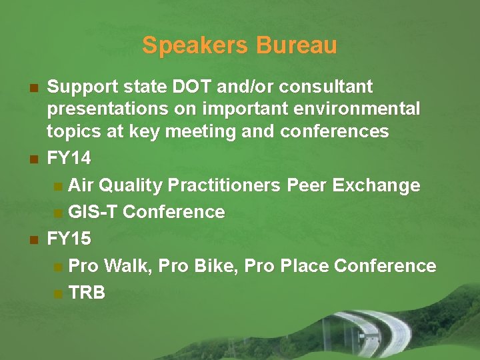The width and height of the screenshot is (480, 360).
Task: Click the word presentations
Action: (x=107, y=109)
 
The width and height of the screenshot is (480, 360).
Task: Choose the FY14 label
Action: (x=69, y=159)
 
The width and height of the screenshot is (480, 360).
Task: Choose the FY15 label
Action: (x=69, y=239)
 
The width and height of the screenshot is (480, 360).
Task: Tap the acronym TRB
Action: (x=87, y=293)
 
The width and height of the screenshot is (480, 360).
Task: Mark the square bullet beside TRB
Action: (x=59, y=293)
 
